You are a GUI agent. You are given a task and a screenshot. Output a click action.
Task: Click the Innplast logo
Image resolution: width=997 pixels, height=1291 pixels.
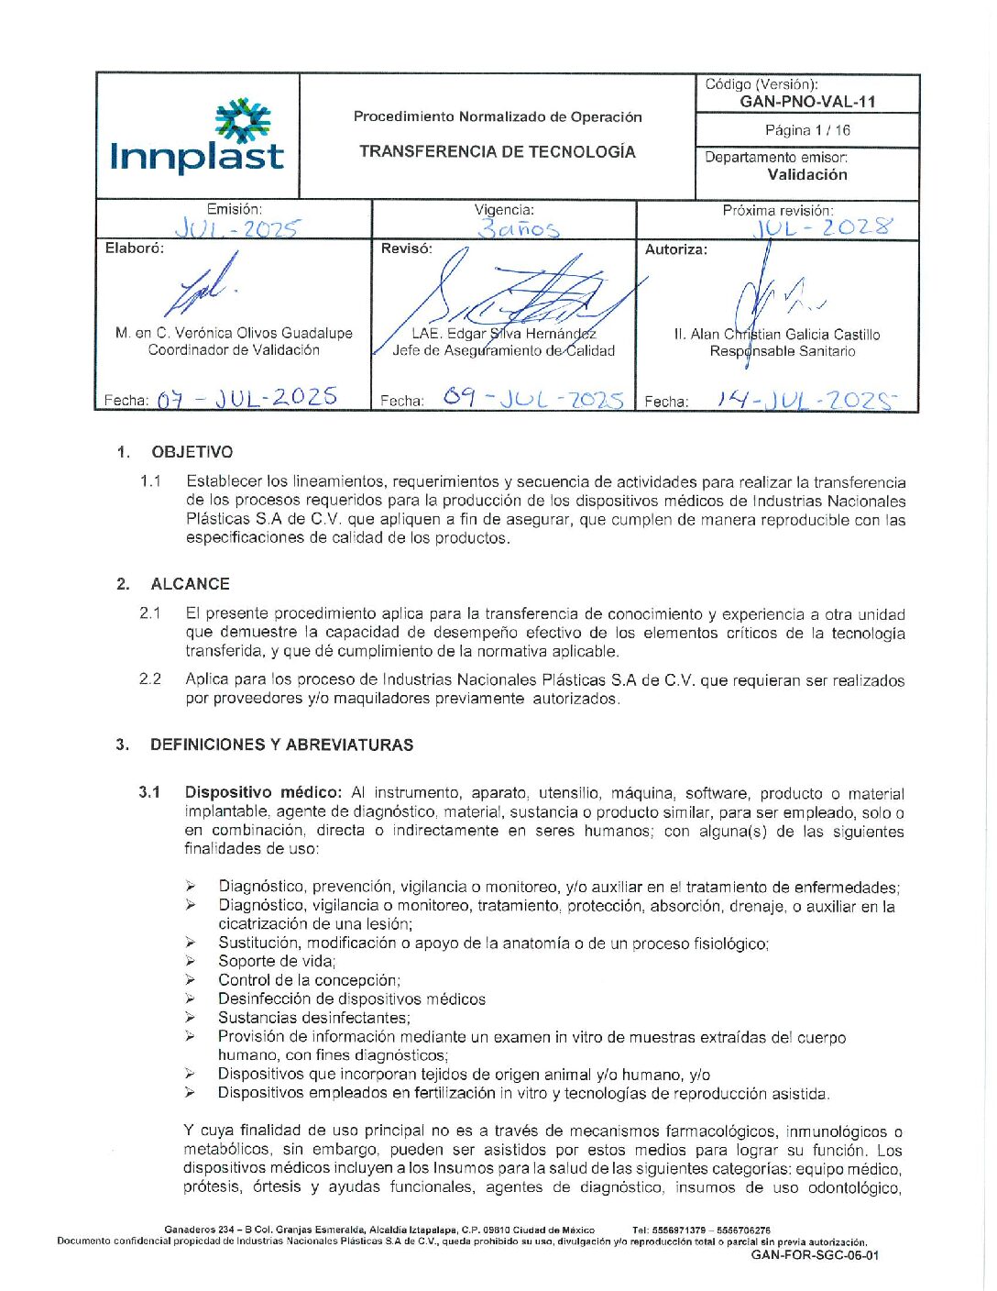[197, 138]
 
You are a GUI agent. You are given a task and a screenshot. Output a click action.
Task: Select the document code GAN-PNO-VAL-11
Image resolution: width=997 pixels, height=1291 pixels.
[807, 102]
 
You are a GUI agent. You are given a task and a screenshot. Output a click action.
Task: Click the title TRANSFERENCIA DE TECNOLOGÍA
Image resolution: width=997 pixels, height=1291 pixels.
[497, 152]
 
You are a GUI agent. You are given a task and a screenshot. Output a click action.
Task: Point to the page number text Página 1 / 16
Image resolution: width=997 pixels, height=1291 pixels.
[807, 130]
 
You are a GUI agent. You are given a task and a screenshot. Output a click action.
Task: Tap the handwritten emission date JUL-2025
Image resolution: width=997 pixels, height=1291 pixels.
[236, 228]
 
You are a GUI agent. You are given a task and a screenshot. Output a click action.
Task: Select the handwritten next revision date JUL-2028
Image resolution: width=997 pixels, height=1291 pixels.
[822, 226]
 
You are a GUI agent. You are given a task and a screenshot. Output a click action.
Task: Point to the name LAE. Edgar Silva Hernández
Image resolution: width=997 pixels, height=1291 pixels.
[503, 334]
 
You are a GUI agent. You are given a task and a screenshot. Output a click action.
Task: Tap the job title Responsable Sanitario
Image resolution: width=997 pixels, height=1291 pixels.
[782, 351]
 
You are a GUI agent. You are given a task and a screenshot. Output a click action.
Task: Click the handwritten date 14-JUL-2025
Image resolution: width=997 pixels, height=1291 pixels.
[805, 400]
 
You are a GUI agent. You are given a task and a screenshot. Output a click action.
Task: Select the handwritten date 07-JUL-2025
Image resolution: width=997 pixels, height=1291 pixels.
[247, 398]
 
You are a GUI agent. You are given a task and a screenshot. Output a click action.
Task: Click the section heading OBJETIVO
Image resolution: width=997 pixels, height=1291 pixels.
[192, 452]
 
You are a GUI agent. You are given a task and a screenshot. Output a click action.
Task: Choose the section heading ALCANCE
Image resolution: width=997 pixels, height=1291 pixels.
[191, 584]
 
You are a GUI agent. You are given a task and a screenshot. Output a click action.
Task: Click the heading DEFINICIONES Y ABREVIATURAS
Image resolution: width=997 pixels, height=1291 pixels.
[281, 745]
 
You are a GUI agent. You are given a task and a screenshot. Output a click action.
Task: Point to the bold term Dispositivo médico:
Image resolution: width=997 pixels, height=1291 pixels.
[263, 792]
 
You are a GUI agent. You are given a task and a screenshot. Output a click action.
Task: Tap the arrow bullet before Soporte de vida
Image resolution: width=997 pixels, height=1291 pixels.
[190, 961]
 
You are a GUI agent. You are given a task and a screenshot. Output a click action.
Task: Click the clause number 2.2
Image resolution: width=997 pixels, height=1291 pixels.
[150, 679]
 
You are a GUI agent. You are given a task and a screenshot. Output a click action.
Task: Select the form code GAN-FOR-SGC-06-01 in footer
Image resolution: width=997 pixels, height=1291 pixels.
[815, 1255]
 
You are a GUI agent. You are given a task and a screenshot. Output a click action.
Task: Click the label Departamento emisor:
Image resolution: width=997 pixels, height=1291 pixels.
[775, 158]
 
